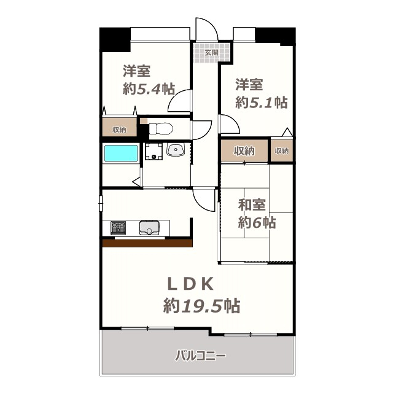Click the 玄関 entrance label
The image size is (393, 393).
click(211, 53)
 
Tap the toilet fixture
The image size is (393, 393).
click(161, 129)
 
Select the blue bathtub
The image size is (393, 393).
click(121, 153)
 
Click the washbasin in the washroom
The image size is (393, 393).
click(176, 150)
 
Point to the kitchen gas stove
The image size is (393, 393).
click(118, 228)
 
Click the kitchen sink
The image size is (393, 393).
click(149, 228)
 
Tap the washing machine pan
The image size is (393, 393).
click(154, 152)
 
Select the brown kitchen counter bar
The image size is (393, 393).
click(147, 243)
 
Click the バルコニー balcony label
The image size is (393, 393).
click(200, 356)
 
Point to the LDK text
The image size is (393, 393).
click(190, 284)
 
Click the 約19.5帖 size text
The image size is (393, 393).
click(202, 306)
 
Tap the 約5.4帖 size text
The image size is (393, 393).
click(149, 88)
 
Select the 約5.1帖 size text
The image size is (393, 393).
click(262, 103)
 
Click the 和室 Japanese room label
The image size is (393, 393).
click(252, 204)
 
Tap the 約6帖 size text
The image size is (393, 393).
click(257, 222)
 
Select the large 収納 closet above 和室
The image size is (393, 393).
click(244, 151)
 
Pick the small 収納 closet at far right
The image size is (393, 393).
click(282, 150)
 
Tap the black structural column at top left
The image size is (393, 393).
click(115, 39)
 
